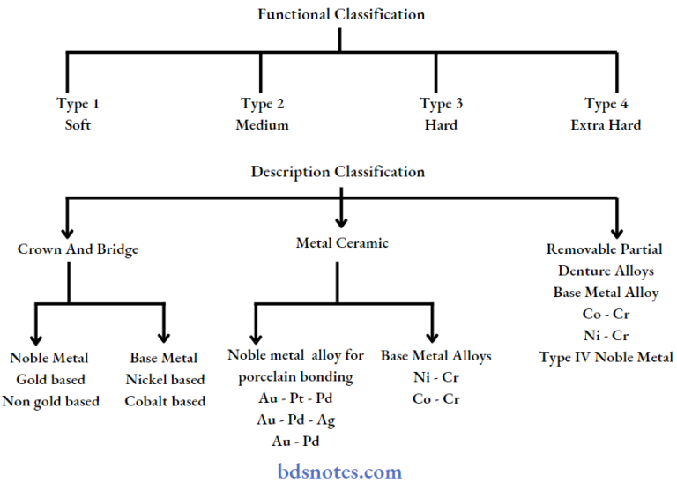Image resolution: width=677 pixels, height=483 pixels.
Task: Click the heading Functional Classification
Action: pos(340,14)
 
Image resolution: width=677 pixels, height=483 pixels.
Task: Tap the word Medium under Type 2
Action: pos(262,125)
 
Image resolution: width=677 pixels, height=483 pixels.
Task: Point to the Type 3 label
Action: pos(441,104)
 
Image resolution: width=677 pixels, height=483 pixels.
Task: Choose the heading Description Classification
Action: pos(338,172)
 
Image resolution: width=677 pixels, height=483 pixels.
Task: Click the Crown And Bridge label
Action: pos(78,249)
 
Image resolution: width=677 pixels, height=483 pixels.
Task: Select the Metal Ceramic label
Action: pos(341,243)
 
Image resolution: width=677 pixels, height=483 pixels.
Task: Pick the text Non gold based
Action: pos(51,401)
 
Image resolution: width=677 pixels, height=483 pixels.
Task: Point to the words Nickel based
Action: pos(165,380)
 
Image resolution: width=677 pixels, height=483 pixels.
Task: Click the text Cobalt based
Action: pos(165,401)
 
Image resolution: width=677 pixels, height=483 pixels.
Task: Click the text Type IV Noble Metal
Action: pos(606,357)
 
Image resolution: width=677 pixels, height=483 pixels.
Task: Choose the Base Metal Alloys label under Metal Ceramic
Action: pos(435,356)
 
